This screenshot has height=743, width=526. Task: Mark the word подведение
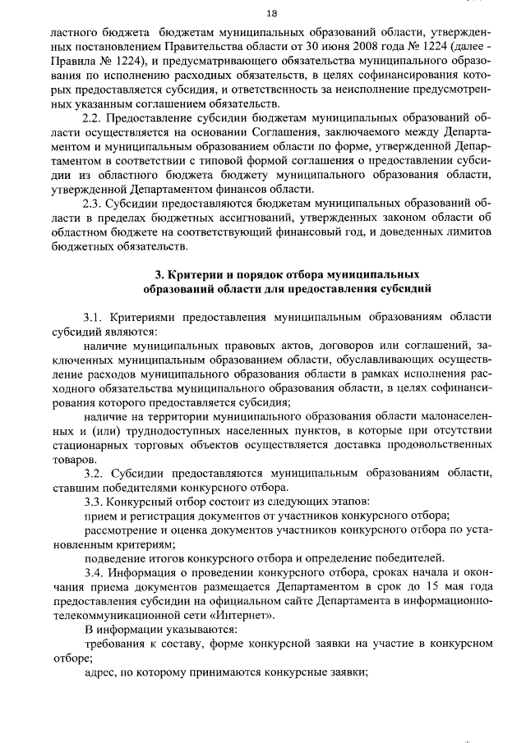click(x=118, y=557)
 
